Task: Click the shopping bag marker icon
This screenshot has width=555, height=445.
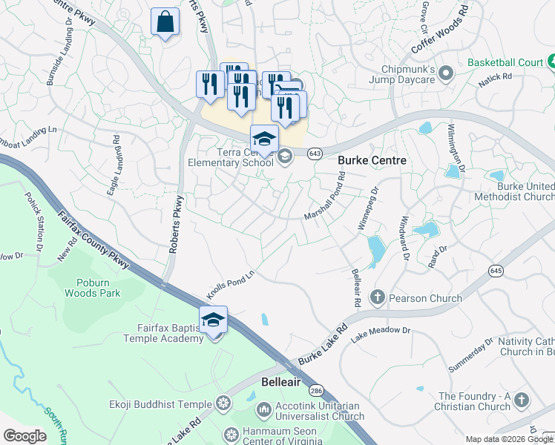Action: pos(165,22)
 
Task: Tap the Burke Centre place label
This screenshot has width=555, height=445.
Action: pos(372,160)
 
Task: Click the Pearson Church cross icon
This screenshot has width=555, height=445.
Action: pos(377,298)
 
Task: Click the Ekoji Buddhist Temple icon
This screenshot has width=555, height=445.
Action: pos(223,404)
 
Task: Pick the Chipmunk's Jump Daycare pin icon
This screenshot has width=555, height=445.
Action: pos(446,73)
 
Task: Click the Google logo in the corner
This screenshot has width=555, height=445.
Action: pos(24,436)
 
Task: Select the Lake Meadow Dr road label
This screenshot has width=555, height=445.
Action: pos(381,332)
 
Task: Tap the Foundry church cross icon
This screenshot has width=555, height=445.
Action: pos(522,400)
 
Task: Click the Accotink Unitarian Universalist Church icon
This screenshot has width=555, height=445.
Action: pos(263,409)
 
